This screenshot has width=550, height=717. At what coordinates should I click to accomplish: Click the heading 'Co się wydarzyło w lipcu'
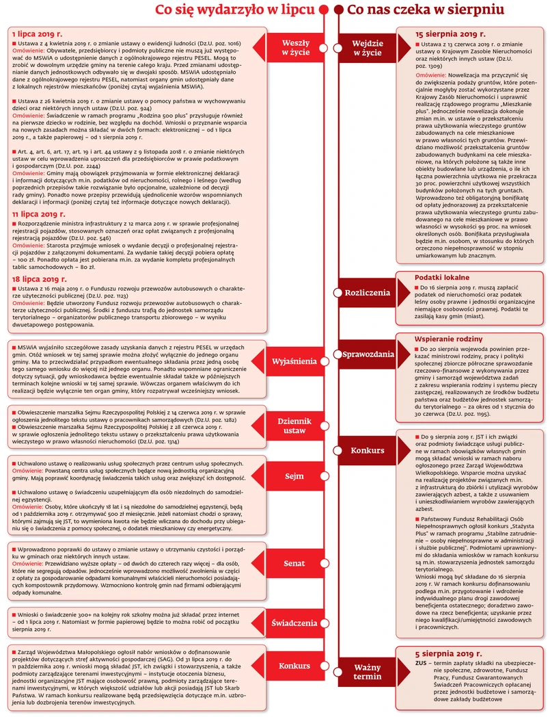235,10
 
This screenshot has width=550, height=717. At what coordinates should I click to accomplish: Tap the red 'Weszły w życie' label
296,47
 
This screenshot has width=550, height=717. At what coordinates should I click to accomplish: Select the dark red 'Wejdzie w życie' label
367,47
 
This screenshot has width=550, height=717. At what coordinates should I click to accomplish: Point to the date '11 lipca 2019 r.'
35,214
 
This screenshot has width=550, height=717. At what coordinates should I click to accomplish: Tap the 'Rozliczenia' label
367,292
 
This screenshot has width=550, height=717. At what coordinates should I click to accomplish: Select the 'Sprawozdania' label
368,354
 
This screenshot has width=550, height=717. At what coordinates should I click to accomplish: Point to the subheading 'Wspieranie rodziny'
450,339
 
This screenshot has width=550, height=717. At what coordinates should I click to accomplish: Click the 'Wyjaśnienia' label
294,361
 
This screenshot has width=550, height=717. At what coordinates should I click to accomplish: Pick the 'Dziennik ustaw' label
294,426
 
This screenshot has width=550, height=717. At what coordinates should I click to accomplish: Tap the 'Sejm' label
294,475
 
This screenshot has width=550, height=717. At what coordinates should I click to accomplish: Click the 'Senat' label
294,564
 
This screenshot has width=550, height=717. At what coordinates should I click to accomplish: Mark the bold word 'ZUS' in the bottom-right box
422,664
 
